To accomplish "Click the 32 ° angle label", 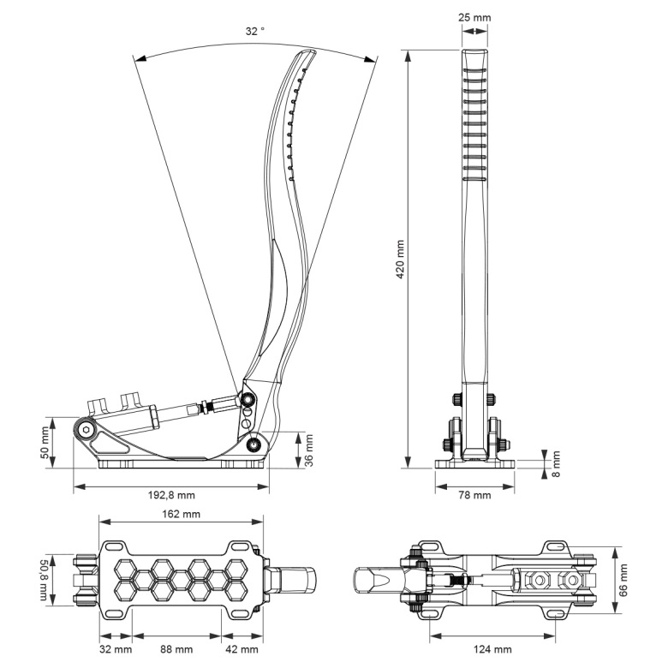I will [255, 30].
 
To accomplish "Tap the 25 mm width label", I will [475, 16].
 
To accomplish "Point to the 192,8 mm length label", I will [170, 496].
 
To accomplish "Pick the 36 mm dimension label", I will [309, 450].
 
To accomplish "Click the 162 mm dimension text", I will [181, 515].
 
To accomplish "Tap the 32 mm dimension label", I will [116, 649].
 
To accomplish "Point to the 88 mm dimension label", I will [177, 649].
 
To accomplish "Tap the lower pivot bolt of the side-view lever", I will [253, 444].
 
